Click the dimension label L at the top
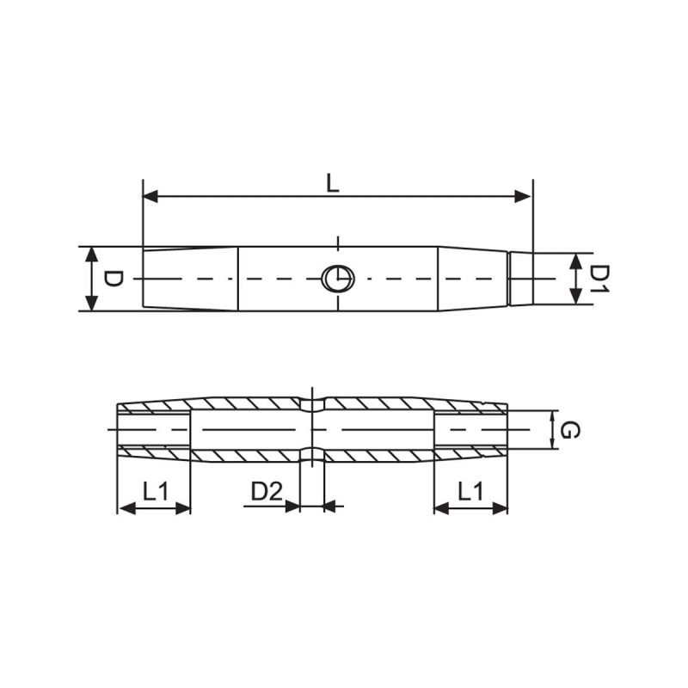click(333, 183)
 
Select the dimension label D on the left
click(113, 279)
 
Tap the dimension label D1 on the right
click(598, 279)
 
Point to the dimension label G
click(569, 430)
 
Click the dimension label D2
click(267, 491)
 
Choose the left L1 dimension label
click(156, 491)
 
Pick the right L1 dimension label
click(470, 491)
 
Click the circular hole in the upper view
click(338, 279)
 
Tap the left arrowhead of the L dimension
click(150, 197)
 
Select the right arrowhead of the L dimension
click(524, 197)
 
